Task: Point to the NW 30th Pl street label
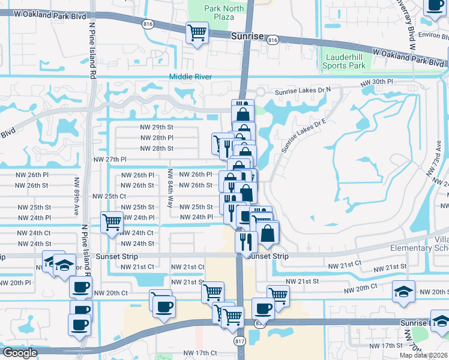(x=376, y=82)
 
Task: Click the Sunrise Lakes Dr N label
(x=303, y=92)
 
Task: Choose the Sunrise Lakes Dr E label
(x=306, y=137)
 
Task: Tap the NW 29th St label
(x=157, y=127)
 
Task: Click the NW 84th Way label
(x=170, y=188)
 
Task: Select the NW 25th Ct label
(x=109, y=196)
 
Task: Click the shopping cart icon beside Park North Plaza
(x=196, y=33)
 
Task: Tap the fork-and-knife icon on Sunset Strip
(x=246, y=241)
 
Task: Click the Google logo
(x=20, y=353)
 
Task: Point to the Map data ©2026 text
(x=424, y=355)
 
